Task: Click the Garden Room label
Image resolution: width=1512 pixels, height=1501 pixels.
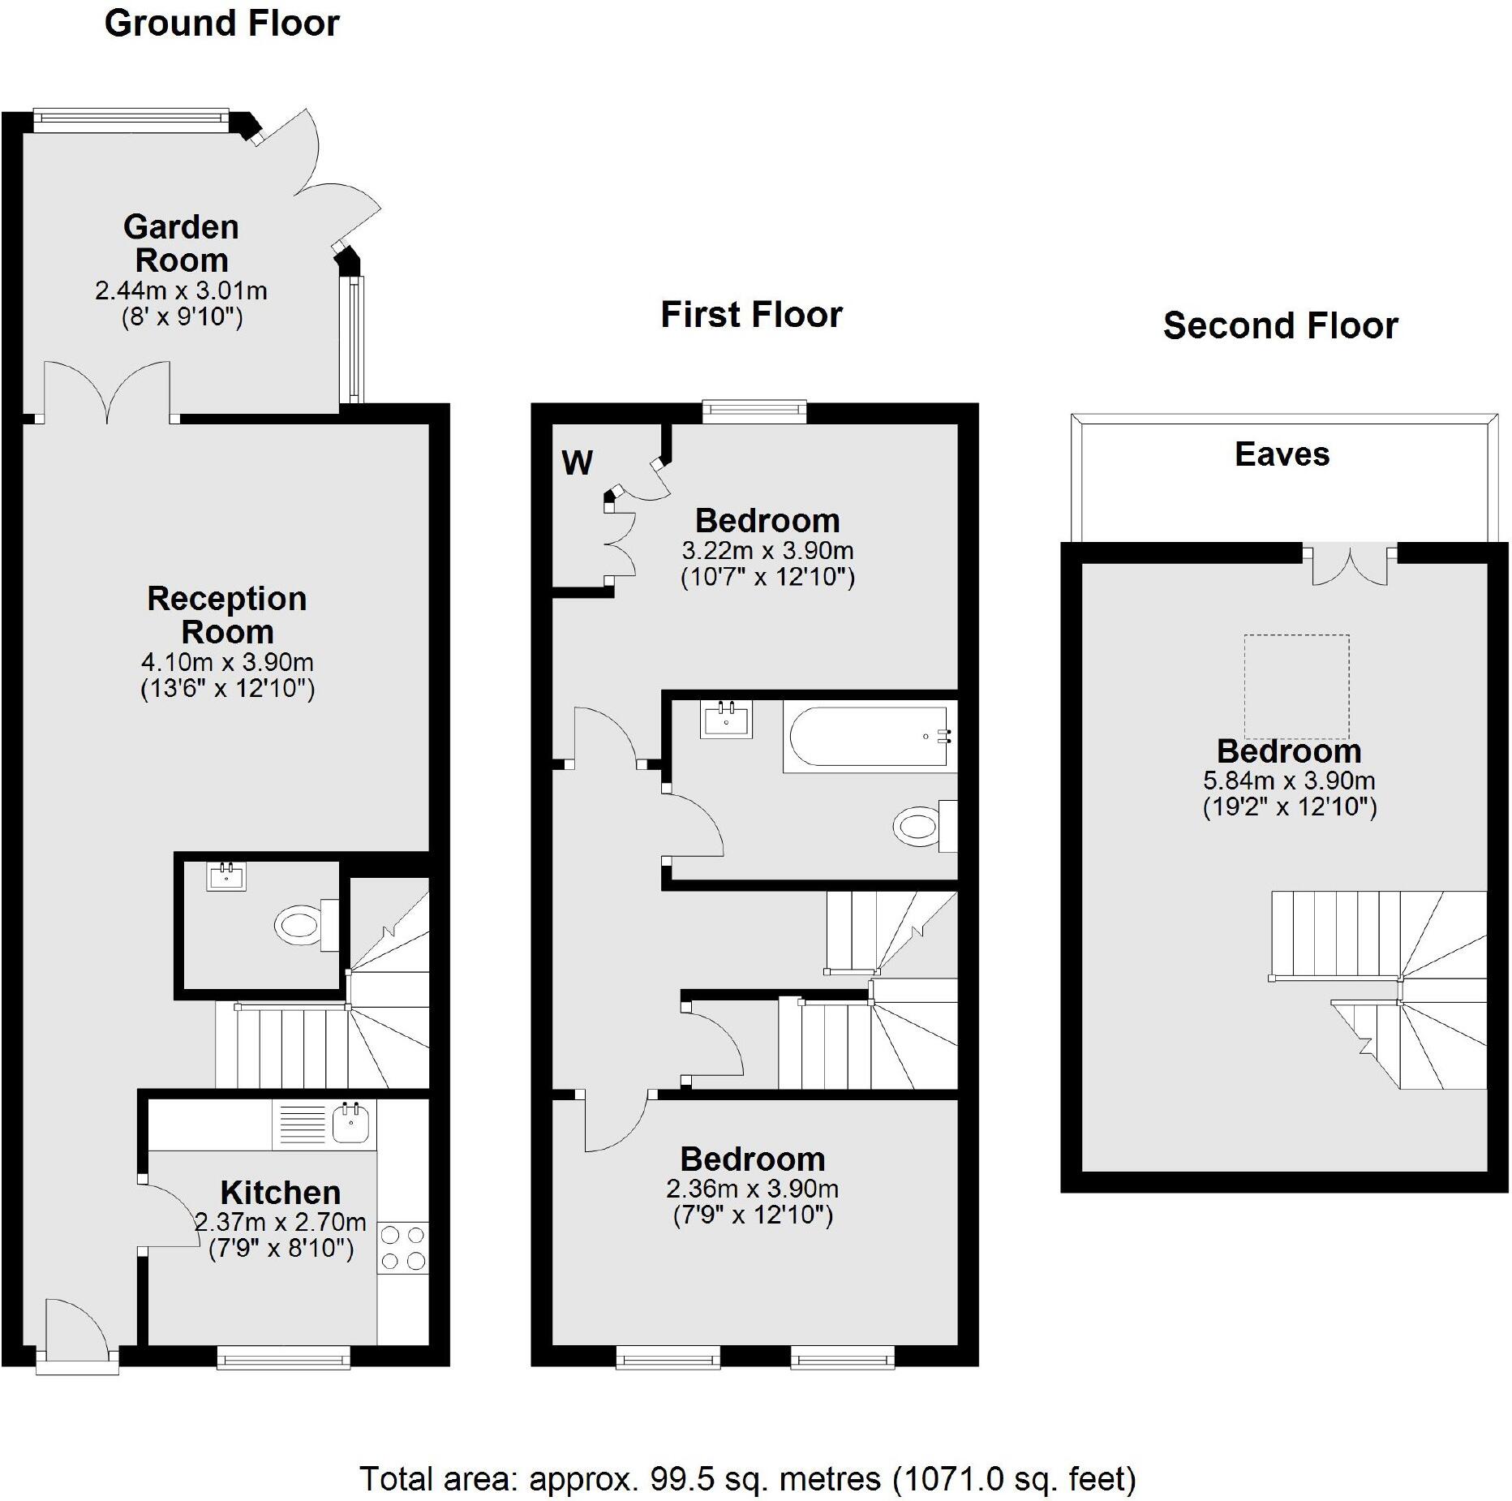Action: coord(181,243)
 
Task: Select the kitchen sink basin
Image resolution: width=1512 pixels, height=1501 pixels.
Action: coord(351,1123)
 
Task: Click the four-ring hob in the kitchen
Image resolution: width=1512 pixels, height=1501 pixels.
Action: coord(403,1248)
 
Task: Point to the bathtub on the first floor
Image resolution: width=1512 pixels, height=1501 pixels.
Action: coord(866,737)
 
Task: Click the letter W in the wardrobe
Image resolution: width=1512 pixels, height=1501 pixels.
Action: coord(577,463)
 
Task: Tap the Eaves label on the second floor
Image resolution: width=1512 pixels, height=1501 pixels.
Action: coord(1282,454)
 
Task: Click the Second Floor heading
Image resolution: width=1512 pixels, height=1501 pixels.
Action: coord(1280,326)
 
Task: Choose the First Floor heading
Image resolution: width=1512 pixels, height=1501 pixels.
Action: coord(751,315)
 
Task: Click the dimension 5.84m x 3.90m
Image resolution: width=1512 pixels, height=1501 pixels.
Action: coord(1288,781)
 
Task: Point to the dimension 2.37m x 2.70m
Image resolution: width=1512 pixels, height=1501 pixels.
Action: coord(281,1221)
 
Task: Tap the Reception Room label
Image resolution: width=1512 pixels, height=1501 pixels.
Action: coord(227,615)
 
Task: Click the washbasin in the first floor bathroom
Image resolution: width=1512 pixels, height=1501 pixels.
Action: coord(726,720)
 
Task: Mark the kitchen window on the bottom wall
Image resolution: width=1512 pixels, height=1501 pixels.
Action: coord(283,1357)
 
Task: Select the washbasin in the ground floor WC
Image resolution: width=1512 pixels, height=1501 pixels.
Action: coord(226,876)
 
